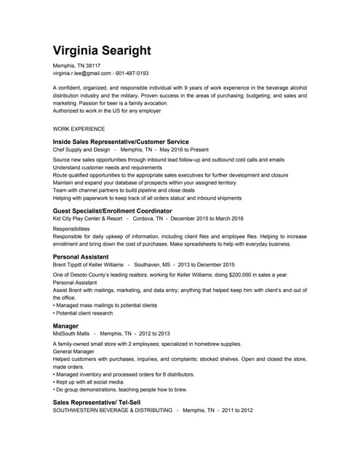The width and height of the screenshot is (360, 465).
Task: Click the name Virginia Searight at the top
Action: (x=102, y=50)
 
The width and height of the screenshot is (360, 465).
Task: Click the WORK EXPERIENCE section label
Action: (x=79, y=129)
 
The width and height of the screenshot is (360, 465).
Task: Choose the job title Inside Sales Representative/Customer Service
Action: (x=121, y=142)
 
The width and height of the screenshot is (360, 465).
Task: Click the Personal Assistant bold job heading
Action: (x=81, y=257)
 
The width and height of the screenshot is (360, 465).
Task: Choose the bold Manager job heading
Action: (x=65, y=325)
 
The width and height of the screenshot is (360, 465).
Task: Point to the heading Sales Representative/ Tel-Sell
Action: (x=100, y=402)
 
